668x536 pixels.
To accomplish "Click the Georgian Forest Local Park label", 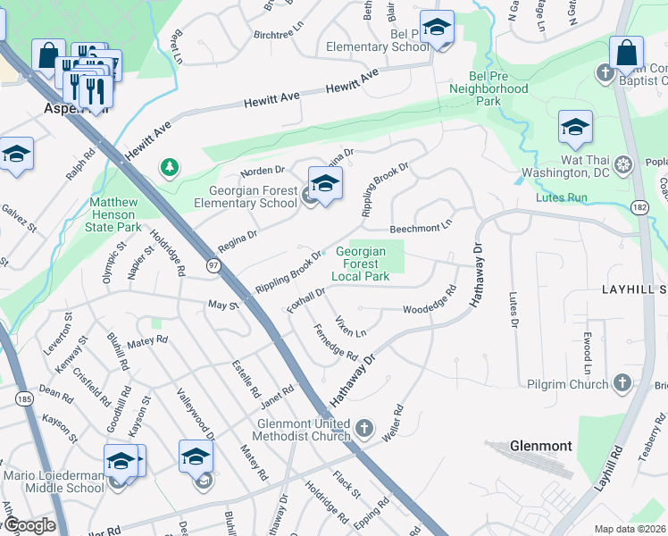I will (362, 264).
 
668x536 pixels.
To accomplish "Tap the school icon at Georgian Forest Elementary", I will (325, 184).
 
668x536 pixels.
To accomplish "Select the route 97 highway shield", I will (213, 265).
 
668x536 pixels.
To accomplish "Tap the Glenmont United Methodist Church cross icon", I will (363, 429).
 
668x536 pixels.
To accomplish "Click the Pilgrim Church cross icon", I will (622, 384).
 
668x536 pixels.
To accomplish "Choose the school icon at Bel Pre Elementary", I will (437, 29).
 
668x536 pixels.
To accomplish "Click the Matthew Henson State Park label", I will (114, 214).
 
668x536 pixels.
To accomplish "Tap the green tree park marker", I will (168, 166).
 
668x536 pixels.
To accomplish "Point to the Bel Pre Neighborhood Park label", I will (488, 89).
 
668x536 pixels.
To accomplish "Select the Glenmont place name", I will (540, 445).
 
